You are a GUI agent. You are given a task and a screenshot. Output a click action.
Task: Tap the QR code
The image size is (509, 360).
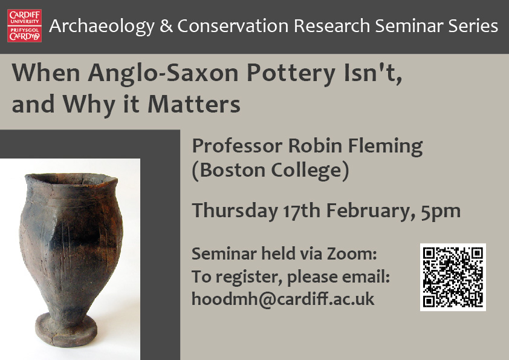(x=453, y=277)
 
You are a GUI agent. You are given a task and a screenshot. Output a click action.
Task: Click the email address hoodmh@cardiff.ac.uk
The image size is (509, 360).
(x=283, y=298)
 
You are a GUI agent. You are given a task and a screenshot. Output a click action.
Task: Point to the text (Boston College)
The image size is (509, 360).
(x=270, y=171)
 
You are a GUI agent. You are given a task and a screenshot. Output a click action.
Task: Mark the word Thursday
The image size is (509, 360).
(x=234, y=211)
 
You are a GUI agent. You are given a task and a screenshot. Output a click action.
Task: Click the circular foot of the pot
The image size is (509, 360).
(x=67, y=327)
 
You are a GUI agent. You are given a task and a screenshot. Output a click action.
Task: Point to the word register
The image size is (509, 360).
(x=245, y=277)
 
